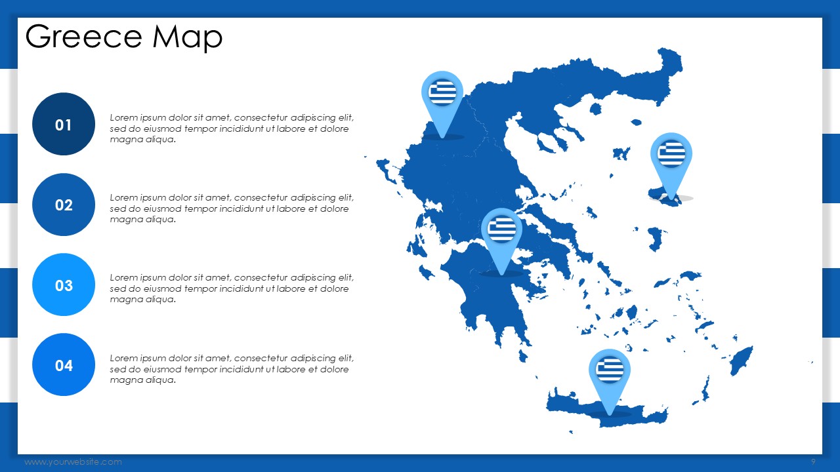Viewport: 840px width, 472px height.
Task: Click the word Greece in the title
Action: tap(83, 36)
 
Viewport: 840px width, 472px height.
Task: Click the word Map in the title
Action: tap(188, 37)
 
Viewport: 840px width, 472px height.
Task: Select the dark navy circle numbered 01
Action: tap(64, 124)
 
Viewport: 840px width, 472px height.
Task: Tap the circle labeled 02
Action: tap(64, 205)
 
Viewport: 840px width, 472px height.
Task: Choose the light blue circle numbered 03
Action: tap(64, 285)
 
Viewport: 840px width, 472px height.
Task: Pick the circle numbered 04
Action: tap(64, 365)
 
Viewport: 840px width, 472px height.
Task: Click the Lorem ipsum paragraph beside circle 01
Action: tap(232, 128)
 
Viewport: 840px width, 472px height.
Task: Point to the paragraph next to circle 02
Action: tap(232, 208)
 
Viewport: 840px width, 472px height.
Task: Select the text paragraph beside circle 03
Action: tap(232, 288)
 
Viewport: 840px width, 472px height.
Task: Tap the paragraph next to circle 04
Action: tap(232, 369)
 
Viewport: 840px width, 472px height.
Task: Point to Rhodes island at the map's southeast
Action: tap(742, 361)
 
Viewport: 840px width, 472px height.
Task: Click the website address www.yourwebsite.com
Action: tap(73, 462)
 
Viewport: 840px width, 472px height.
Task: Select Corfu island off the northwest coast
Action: tap(387, 169)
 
